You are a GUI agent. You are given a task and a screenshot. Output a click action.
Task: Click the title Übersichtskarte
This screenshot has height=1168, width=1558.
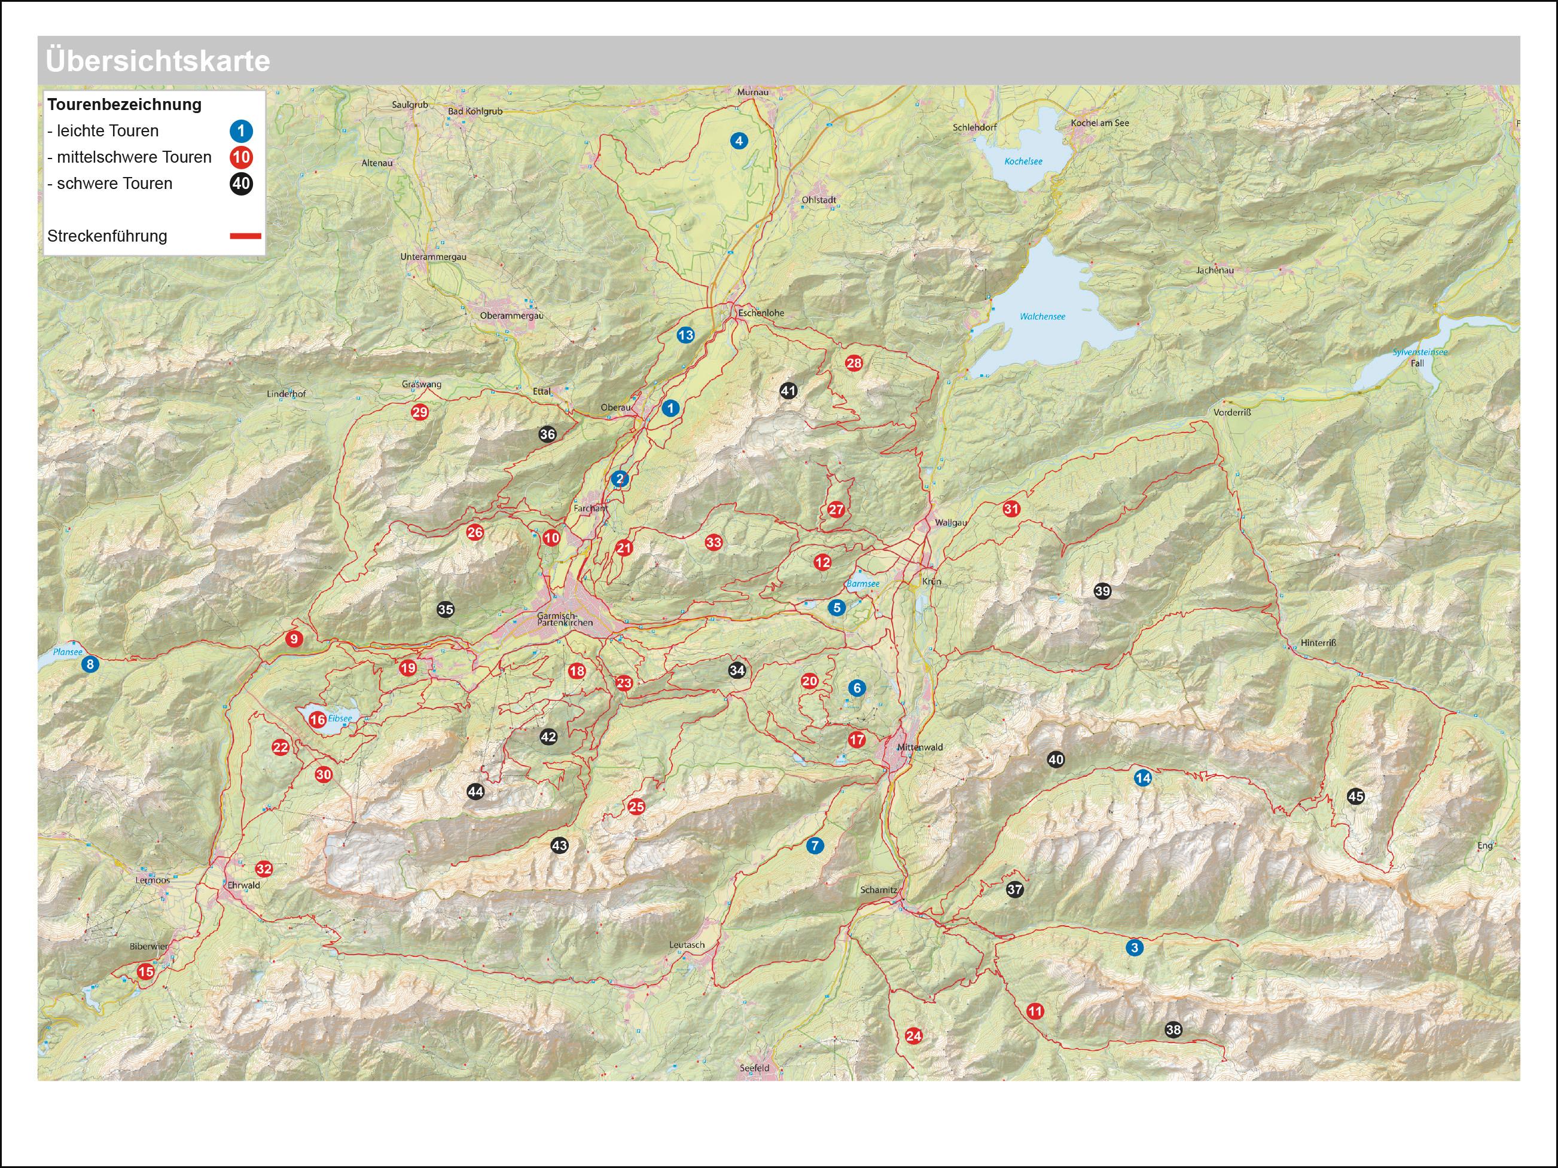pos(158,60)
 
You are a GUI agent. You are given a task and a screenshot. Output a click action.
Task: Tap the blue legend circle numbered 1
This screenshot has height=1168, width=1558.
pos(241,131)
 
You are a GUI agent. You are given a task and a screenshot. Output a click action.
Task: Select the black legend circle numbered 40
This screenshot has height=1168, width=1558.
pos(241,184)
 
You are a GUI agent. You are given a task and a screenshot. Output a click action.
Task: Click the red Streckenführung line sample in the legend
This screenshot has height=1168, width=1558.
pos(245,237)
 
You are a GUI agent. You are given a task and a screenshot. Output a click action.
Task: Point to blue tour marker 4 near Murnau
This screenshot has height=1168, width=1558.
pos(739,141)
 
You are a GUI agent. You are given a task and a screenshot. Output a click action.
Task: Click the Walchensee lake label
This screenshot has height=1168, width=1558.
pos(1042,317)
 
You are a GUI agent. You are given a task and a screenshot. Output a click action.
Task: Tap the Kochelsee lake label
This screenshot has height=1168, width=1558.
pos(1023,161)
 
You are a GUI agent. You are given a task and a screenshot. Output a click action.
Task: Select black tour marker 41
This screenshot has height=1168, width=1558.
pos(788,391)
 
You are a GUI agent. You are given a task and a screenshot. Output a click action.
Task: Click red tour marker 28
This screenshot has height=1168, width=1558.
pos(853,364)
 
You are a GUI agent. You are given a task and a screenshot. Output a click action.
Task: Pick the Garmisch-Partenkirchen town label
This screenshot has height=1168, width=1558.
pos(564,619)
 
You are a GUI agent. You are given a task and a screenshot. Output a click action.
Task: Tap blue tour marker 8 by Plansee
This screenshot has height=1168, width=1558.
pos(90,664)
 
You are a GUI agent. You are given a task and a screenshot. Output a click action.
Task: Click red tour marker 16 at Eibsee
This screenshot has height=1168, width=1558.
pos(318,719)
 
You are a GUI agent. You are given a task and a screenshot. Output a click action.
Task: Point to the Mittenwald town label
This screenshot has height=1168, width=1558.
pos(919,748)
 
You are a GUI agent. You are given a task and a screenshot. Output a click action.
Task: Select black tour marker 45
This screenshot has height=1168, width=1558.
pos(1356,797)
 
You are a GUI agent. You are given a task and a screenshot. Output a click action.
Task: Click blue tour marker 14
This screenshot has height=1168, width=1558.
pos(1142,779)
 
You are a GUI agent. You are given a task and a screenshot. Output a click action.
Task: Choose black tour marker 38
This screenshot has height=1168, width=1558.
pos(1173,1030)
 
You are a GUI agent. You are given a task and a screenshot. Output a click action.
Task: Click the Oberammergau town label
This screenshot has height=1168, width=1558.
pos(511,316)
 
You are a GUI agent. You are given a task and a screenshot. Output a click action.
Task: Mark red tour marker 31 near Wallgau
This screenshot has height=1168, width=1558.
pos(1011,508)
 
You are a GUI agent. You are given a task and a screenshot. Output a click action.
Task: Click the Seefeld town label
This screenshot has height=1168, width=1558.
pos(754,1068)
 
